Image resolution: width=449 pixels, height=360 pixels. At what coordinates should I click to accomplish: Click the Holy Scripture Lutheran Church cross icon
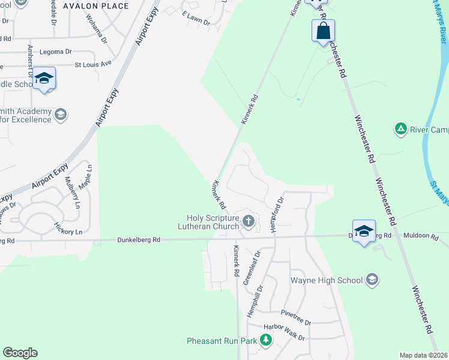[248, 223]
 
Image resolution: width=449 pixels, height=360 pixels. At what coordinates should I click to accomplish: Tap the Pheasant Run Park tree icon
[265, 341]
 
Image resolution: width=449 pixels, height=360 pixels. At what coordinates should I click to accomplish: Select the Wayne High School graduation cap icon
[372, 280]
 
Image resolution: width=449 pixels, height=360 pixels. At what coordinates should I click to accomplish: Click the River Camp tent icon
[400, 128]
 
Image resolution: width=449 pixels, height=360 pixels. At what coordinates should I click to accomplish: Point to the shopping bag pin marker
[323, 31]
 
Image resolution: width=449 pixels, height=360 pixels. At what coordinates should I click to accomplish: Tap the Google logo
[20, 353]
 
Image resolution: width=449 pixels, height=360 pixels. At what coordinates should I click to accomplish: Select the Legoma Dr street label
[56, 52]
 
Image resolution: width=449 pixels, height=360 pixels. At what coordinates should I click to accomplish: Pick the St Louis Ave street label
[93, 64]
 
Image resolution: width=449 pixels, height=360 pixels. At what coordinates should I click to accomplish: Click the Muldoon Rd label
[421, 236]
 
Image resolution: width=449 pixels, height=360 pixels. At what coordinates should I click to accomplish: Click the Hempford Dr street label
[277, 207]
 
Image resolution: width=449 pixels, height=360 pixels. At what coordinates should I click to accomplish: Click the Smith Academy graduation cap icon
[61, 114]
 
